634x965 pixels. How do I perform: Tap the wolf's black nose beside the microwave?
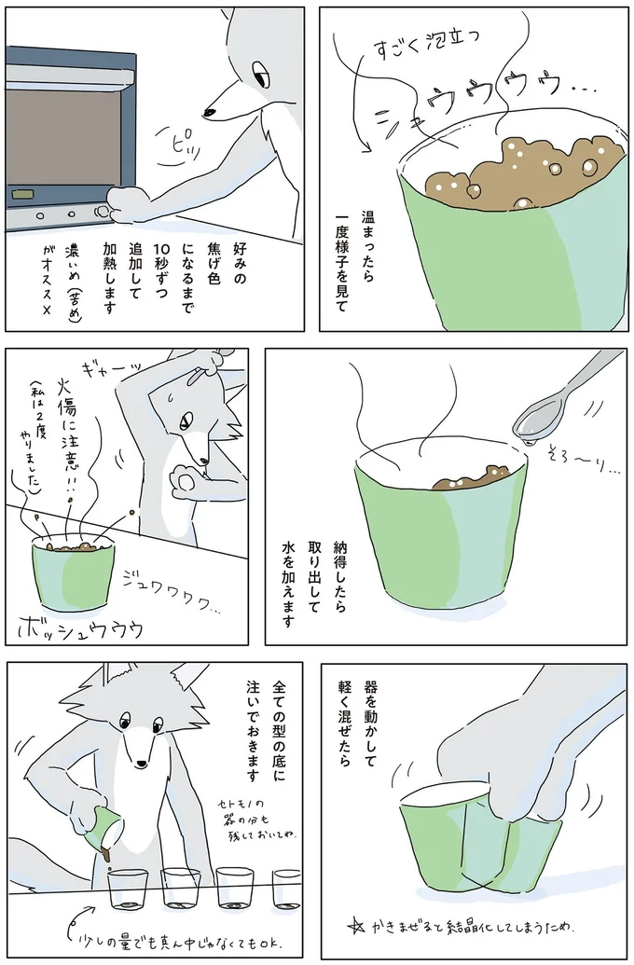coord(211,113)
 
